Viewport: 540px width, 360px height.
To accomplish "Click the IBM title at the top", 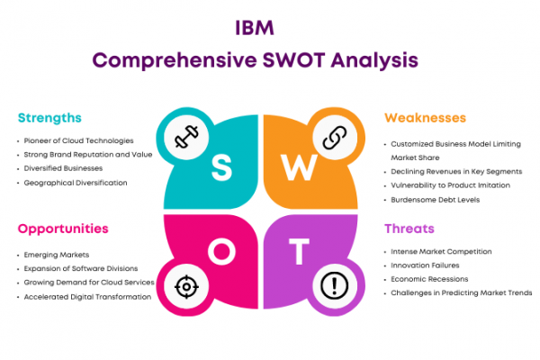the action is pyautogui.click(x=255, y=28).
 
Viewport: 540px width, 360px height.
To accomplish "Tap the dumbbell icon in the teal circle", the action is pyautogui.click(x=186, y=137).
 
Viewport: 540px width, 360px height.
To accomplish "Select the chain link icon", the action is pyautogui.click(x=335, y=138).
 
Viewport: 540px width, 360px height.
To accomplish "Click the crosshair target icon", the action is pyautogui.click(x=186, y=286).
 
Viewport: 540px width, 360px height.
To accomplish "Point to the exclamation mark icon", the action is pyautogui.click(x=335, y=285).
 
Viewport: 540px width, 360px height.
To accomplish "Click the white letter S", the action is pyautogui.click(x=221, y=167).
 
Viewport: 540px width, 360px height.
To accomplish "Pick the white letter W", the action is pyautogui.click(x=300, y=167).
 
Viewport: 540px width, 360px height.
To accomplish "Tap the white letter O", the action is pyautogui.click(x=221, y=251).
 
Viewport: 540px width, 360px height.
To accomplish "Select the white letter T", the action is pyautogui.click(x=299, y=251).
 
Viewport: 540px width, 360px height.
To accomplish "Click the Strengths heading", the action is pyautogui.click(x=49, y=118).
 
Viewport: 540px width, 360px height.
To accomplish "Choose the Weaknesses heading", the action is pyautogui.click(x=425, y=118).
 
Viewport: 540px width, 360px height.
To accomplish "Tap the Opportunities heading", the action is pyautogui.click(x=63, y=229).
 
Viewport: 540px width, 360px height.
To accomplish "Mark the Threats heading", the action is pyautogui.click(x=409, y=229).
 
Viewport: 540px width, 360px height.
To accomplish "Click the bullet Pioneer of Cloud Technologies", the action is pyautogui.click(x=78, y=140).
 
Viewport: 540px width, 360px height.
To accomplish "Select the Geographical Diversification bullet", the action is pyautogui.click(x=76, y=183).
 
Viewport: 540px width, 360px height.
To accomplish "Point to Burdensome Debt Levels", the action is pyautogui.click(x=435, y=200).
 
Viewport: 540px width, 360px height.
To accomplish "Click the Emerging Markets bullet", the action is pyautogui.click(x=57, y=255).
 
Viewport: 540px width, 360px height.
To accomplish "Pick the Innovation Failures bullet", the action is pyautogui.click(x=425, y=265).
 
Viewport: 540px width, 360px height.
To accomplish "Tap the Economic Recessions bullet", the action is pyautogui.click(x=429, y=279).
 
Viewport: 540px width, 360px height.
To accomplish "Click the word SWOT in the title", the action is pyautogui.click(x=293, y=60).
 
